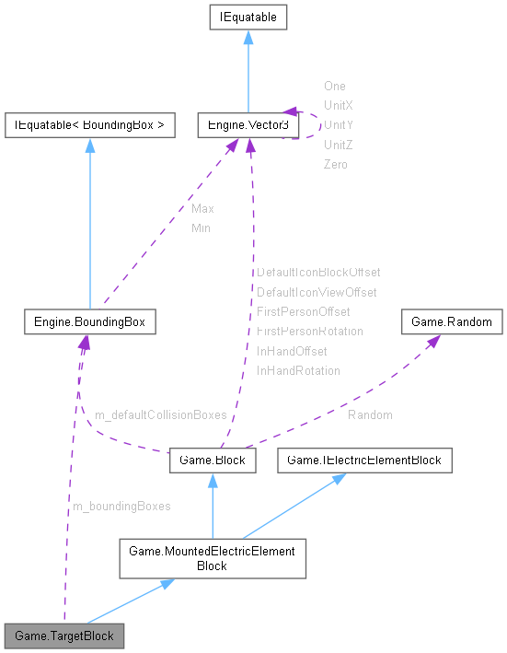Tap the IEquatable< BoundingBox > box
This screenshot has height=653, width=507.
[x=89, y=124]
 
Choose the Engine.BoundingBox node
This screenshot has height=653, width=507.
[x=88, y=322]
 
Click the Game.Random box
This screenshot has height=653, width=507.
[x=452, y=322]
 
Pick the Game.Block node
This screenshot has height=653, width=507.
[x=212, y=461]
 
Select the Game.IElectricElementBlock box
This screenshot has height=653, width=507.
[x=365, y=460]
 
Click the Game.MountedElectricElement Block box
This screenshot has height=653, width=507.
[x=212, y=558]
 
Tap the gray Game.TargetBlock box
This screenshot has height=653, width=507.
[x=63, y=636]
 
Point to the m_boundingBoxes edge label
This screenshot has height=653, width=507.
[x=121, y=506]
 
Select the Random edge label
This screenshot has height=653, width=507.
[x=370, y=415]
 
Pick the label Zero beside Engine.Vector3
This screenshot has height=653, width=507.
[x=335, y=164]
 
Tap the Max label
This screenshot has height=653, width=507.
[x=202, y=209]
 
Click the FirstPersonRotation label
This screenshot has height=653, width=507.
[x=310, y=332]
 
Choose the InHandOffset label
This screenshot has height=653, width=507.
[x=292, y=351]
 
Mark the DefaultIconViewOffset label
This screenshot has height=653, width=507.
[x=317, y=292]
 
